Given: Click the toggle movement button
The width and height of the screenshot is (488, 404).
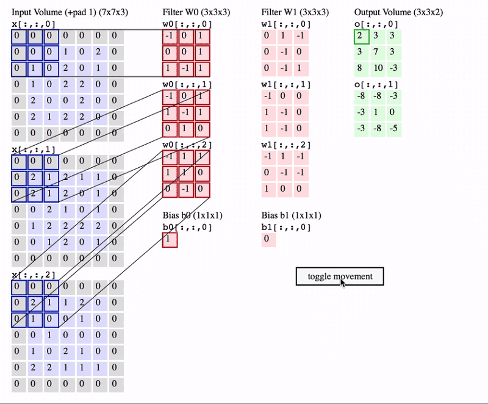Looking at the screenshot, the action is pyautogui.click(x=340, y=276).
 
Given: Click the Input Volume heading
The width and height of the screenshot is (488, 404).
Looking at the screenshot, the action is pyautogui.click(x=70, y=12).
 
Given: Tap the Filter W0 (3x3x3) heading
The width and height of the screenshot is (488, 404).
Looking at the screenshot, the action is pyautogui.click(x=196, y=12).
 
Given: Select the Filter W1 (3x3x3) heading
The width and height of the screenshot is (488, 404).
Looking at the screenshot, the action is pyautogui.click(x=295, y=12).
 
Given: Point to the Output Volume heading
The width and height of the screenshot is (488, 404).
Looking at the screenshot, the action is pyautogui.click(x=398, y=12).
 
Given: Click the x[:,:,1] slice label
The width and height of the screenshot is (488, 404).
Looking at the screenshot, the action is pyautogui.click(x=34, y=150).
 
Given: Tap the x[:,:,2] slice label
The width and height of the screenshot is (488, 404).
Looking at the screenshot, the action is pyautogui.click(x=34, y=275).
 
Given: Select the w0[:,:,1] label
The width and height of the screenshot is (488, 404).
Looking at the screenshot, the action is pyautogui.click(x=187, y=85).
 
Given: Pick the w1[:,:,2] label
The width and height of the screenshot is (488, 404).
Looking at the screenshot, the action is pyautogui.click(x=286, y=145).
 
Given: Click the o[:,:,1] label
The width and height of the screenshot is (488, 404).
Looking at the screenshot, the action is pyautogui.click(x=376, y=85).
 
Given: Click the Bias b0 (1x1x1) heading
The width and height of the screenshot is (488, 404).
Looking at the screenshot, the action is pyautogui.click(x=192, y=215).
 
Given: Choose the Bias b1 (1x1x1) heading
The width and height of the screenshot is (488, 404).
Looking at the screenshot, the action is pyautogui.click(x=291, y=215).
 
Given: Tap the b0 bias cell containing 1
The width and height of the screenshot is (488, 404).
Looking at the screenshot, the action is pyautogui.click(x=170, y=240).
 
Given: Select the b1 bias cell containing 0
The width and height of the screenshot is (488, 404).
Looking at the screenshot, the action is pyautogui.click(x=268, y=239).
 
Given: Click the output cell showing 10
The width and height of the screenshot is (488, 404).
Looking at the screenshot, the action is pyautogui.click(x=378, y=68).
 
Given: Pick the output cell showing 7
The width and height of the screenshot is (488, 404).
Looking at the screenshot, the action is pyautogui.click(x=378, y=52).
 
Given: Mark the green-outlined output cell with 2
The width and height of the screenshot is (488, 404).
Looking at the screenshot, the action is pyautogui.click(x=362, y=37).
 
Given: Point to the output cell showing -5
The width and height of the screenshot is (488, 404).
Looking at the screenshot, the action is pyautogui.click(x=394, y=129).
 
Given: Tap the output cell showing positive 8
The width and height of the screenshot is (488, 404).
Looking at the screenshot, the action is pyautogui.click(x=362, y=68).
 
